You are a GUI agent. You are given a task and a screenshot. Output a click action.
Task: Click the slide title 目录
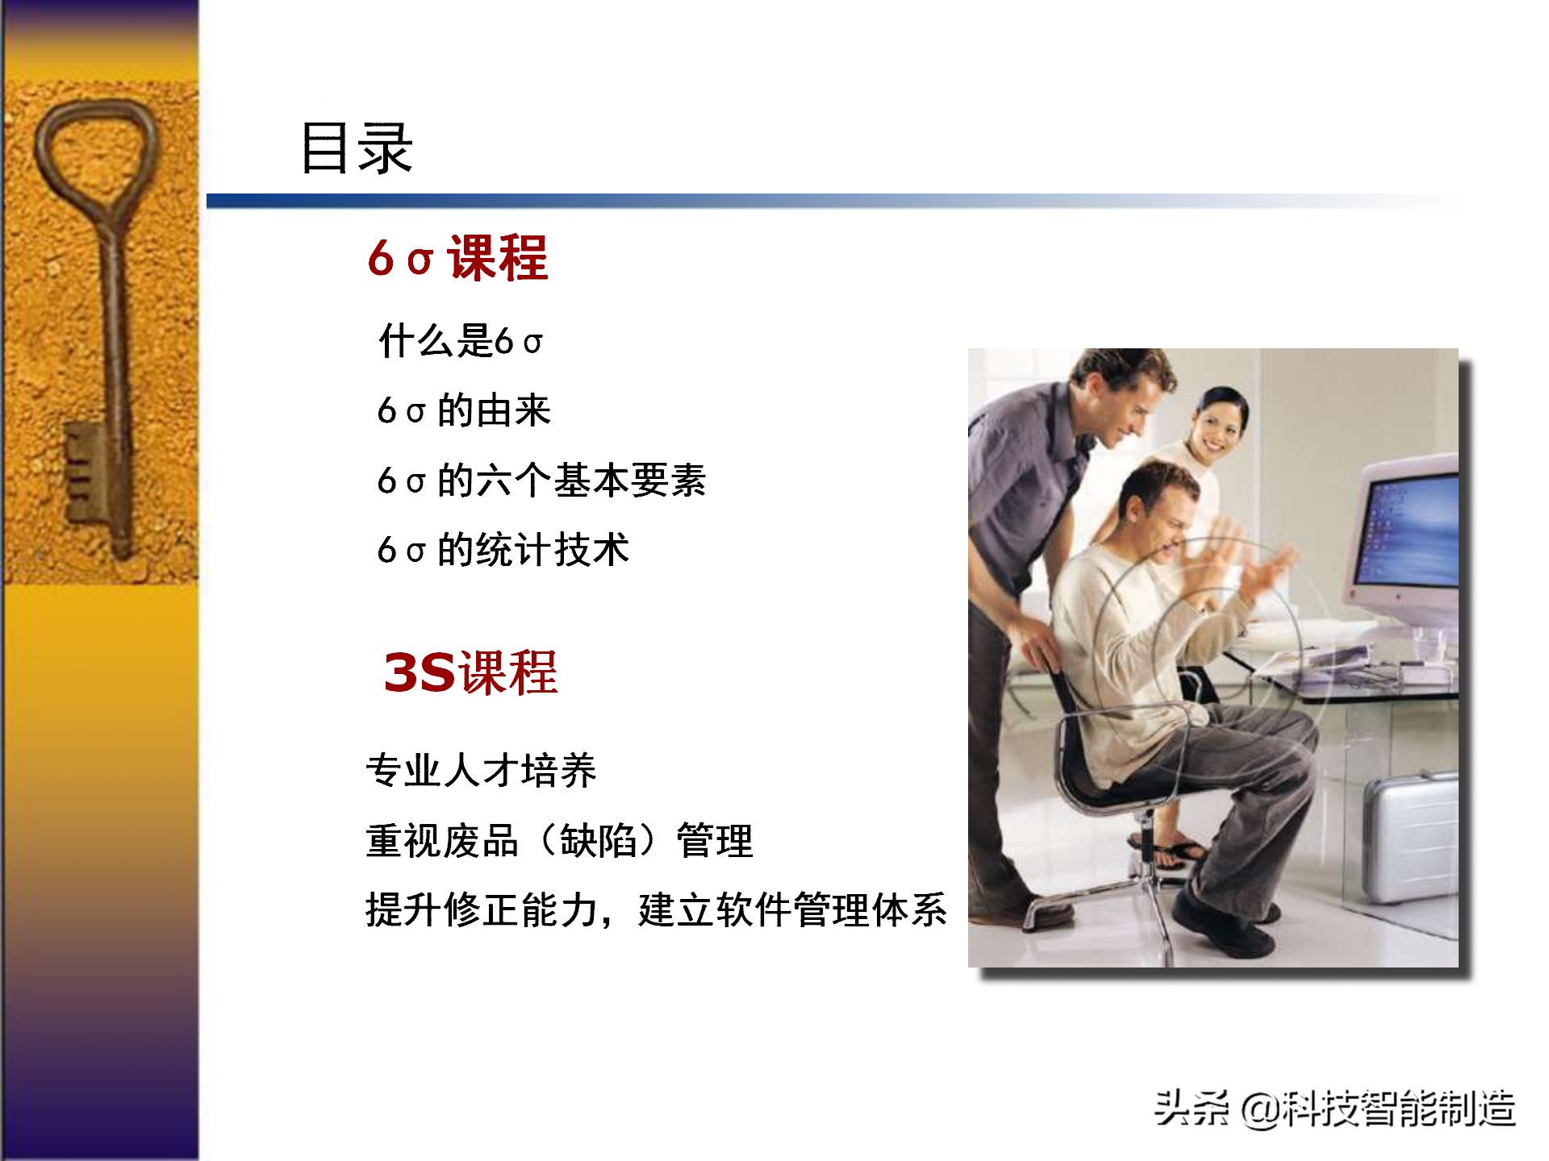tap(356, 149)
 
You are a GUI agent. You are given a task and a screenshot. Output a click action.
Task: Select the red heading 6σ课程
tap(457, 259)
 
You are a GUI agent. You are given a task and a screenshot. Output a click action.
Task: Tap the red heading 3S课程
tap(470, 673)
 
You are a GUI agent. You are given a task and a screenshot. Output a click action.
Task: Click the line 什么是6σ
tap(461, 341)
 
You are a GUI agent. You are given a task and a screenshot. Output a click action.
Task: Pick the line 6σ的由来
tap(464, 411)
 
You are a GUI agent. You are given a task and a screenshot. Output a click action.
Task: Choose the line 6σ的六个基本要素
tap(541, 481)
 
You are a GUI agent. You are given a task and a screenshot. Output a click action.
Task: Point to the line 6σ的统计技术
tap(503, 551)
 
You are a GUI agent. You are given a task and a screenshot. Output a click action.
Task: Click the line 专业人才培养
tap(481, 771)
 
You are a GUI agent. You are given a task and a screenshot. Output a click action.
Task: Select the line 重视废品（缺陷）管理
tap(559, 841)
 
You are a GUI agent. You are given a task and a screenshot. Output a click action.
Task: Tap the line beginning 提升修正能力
tap(656, 910)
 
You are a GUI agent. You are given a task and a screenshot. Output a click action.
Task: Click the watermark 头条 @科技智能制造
tap(1334, 1108)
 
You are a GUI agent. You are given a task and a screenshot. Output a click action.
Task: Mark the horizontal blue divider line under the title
tap(807, 202)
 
